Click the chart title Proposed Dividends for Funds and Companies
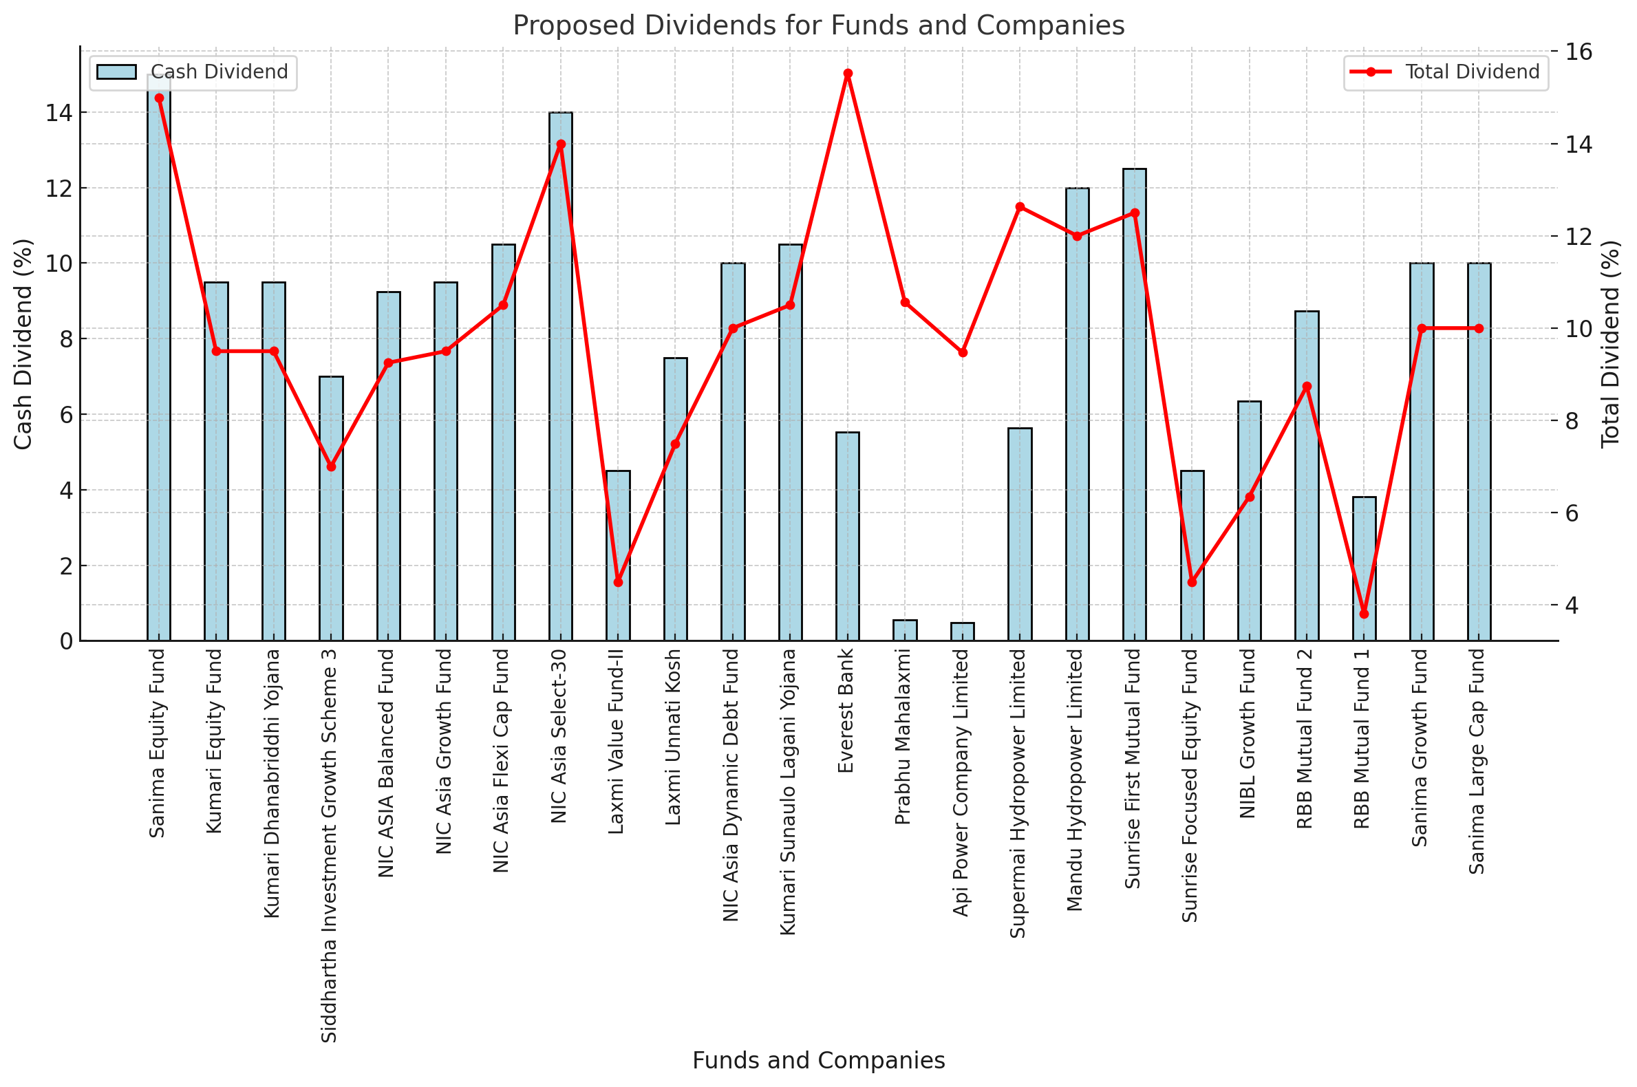coord(818,26)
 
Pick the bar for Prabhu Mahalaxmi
coord(905,630)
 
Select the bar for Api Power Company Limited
coord(963,632)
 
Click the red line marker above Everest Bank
coord(847,74)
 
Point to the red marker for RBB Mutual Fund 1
coord(1364,614)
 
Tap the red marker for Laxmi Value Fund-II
coord(619,582)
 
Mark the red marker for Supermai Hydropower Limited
coord(1020,206)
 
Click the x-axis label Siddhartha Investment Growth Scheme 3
coord(330,845)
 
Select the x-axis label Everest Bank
coord(846,711)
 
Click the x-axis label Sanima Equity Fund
coord(158,743)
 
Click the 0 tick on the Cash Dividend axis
coord(66,641)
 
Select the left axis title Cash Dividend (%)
coord(23,344)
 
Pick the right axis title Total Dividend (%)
coord(1611,344)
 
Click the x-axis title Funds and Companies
coord(818,1060)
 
